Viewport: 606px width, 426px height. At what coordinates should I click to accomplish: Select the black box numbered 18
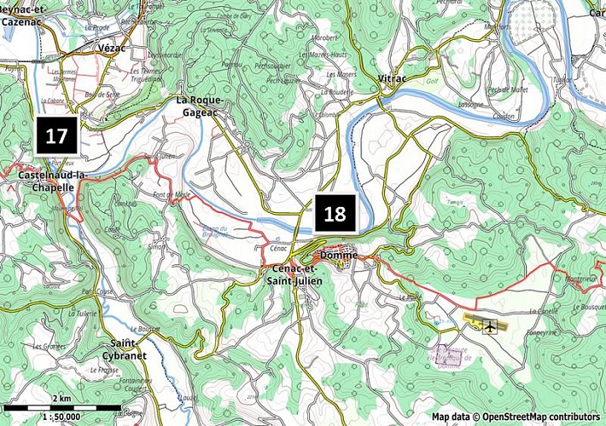(335, 213)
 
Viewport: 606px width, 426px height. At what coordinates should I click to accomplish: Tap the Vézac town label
(112, 49)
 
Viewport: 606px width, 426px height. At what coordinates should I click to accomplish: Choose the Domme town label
(339, 256)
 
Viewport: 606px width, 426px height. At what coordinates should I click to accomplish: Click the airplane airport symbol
(491, 325)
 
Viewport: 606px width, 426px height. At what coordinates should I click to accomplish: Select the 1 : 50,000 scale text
(66, 417)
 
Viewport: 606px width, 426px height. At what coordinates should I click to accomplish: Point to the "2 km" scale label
(61, 398)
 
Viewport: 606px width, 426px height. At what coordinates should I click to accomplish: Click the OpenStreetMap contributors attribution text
(516, 417)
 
